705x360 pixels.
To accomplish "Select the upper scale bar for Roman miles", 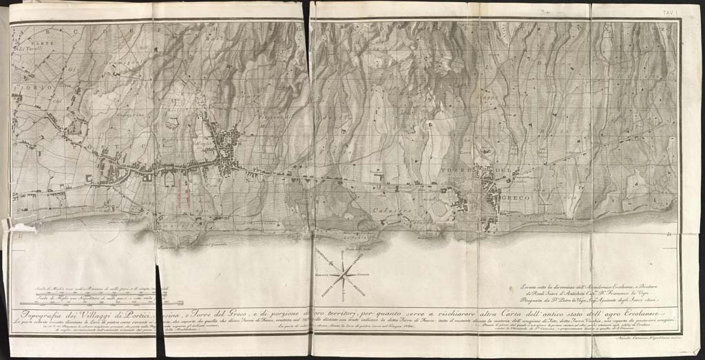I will click(103, 293).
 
